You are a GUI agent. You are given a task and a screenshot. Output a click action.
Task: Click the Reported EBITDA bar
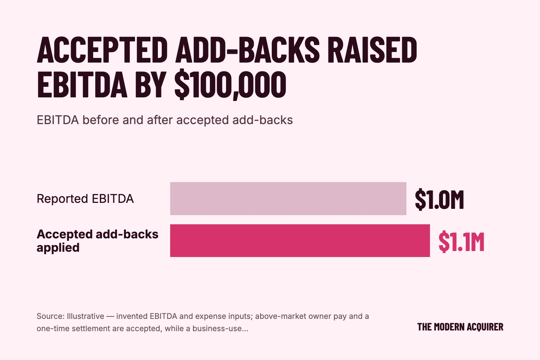pos(288,198)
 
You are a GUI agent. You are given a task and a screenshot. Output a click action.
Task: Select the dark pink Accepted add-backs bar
pos(300,240)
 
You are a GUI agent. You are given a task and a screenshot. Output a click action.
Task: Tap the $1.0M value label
pos(439,199)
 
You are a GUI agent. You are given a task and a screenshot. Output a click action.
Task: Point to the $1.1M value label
pos(461,242)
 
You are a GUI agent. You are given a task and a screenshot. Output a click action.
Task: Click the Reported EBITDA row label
pos(85,199)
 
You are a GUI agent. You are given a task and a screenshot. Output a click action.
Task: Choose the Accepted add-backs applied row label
pos(97,240)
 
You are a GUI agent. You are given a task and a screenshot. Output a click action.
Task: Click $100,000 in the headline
pos(230,85)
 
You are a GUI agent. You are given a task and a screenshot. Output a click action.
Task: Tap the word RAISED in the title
pos(372,50)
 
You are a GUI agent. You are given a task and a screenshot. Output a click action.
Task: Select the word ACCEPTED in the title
pos(102,50)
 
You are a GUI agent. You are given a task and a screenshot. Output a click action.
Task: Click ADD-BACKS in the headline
pos(247,50)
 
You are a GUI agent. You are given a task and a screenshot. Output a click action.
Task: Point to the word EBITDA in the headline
pos(82,85)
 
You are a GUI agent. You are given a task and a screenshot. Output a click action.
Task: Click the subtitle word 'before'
pos(101,120)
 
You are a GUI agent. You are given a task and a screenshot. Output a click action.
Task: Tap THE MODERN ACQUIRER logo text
pos(460,327)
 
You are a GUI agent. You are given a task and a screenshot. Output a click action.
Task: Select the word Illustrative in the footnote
pos(85,316)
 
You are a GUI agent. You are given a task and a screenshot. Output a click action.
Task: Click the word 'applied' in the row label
pos(58,248)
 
